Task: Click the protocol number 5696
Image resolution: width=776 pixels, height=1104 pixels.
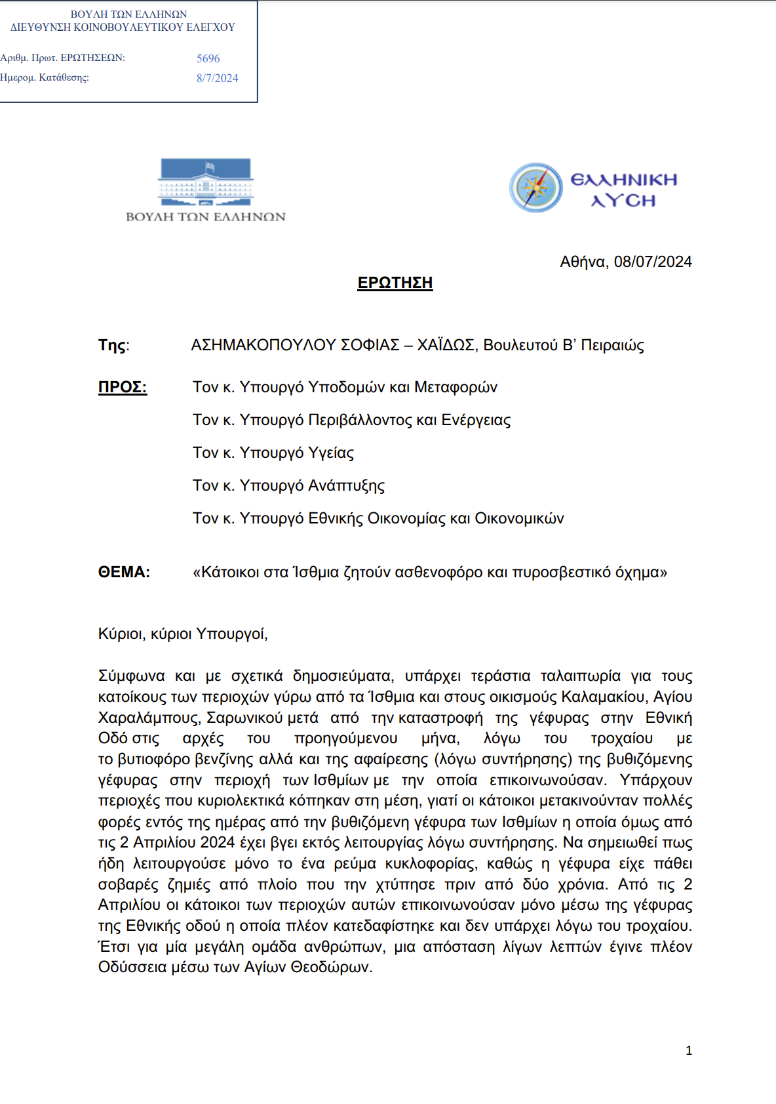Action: coord(208,58)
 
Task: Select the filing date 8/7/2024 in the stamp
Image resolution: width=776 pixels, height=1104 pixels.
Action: coord(217,78)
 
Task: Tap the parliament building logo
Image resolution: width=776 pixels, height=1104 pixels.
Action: coord(206,182)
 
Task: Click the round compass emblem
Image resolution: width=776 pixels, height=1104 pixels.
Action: coord(536,188)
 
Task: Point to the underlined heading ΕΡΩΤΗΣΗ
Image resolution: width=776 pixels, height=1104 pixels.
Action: coord(395,283)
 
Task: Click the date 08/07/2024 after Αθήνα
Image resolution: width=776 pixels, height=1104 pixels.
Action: coord(653,262)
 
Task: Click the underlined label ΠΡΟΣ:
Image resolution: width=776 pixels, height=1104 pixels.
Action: coord(123,387)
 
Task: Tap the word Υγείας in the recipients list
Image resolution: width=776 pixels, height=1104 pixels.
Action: coord(331,453)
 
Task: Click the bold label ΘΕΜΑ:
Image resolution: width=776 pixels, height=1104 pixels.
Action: coord(124,572)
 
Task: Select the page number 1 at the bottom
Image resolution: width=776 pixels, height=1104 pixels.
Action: coord(689,1050)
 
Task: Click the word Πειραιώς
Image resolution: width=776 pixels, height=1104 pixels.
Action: coord(612,345)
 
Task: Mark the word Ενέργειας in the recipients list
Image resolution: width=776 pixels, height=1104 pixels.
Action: coord(476,420)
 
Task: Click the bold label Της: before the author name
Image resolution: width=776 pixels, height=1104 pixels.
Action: coord(114,345)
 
